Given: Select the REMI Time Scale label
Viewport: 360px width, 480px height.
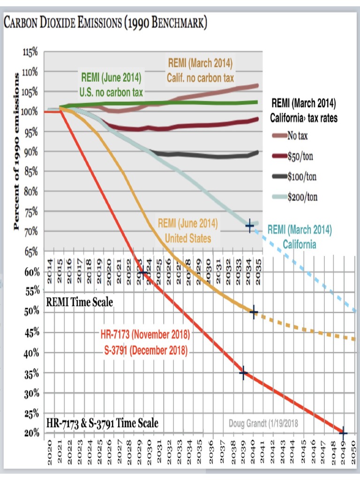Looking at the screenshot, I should click(79, 302).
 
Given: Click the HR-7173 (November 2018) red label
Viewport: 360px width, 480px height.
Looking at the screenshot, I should click(145, 335).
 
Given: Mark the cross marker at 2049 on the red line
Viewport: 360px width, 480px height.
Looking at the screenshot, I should click(343, 433).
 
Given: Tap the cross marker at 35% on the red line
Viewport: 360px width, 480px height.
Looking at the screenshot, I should click(243, 373).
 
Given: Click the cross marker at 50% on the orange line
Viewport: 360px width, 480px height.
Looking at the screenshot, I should click(254, 313).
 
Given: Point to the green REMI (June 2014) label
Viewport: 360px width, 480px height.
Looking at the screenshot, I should click(111, 77).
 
